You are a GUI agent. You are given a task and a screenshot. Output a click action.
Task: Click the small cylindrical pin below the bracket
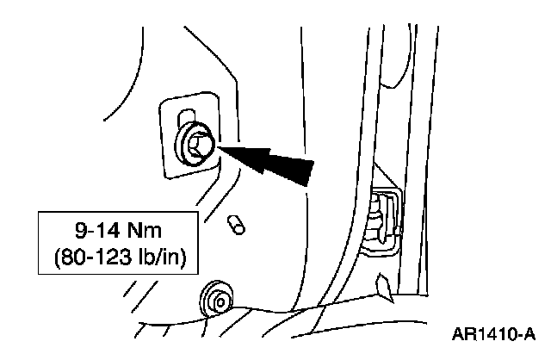235,224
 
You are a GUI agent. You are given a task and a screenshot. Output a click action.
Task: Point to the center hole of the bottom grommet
219,301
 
